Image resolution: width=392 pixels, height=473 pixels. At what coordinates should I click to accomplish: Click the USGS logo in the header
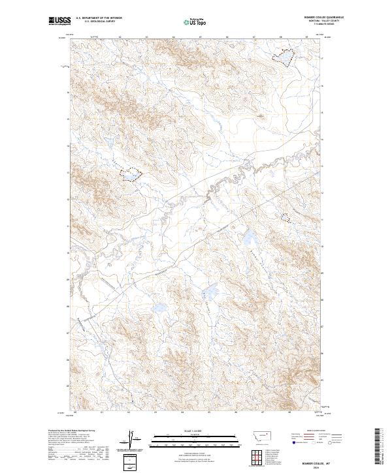coord(59,21)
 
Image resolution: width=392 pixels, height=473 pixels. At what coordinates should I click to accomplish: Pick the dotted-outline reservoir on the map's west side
coord(129,174)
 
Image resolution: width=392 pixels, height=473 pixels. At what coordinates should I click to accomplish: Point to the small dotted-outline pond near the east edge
coord(286,217)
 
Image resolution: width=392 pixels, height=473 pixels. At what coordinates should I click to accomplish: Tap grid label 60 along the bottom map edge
coord(76,412)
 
